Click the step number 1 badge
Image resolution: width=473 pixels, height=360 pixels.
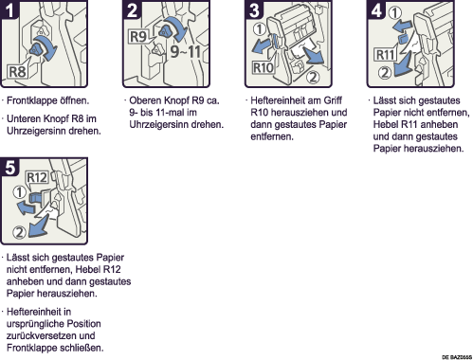point(9,9)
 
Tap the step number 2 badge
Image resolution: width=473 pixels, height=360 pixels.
point(132,9)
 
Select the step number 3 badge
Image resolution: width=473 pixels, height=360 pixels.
point(254,9)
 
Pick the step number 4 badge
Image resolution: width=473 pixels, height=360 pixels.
point(376,9)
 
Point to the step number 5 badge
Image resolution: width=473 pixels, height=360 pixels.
point(9,167)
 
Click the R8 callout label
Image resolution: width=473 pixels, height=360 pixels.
point(18,72)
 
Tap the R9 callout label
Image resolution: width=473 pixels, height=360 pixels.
point(138,36)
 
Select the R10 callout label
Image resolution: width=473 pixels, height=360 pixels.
point(264,67)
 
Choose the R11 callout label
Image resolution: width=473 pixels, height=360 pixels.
point(386,55)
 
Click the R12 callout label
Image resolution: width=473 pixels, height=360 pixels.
point(37,178)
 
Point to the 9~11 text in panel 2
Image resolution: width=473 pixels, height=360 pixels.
point(186,51)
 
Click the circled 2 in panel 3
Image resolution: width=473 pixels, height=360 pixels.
point(313,77)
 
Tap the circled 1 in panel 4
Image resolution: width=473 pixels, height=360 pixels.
point(395,12)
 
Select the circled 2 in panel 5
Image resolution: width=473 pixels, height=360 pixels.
point(19,232)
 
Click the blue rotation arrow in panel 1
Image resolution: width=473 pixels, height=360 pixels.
point(47,46)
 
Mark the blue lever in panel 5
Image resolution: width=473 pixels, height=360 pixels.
point(34,198)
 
